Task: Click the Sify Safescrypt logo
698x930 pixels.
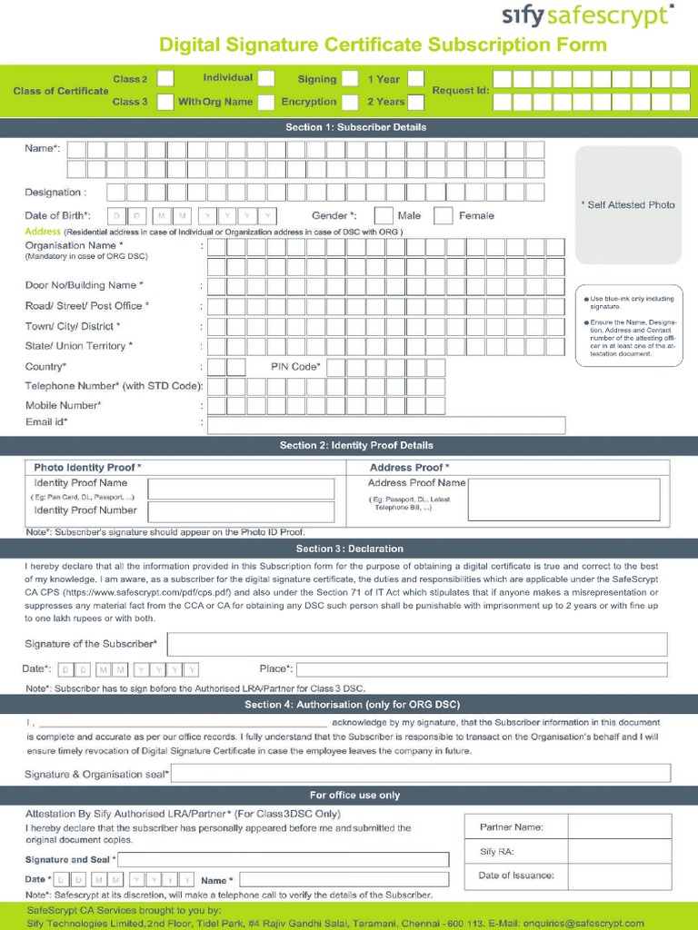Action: click(588, 15)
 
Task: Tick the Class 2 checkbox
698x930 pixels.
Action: click(165, 79)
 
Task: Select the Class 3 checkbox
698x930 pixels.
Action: click(165, 102)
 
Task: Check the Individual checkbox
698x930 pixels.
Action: click(267, 79)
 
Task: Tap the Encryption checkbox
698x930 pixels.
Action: click(350, 102)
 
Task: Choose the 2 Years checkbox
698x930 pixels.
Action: click(416, 102)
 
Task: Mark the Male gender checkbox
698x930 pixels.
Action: click(384, 215)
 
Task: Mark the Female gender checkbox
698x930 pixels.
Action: click(444, 215)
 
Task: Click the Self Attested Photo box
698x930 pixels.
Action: click(627, 205)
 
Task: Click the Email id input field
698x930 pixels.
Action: click(386, 425)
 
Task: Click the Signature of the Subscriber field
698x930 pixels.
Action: click(417, 644)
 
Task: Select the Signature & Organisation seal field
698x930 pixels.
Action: click(421, 774)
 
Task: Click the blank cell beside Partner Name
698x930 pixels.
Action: click(620, 827)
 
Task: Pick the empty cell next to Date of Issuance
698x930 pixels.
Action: click(620, 876)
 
